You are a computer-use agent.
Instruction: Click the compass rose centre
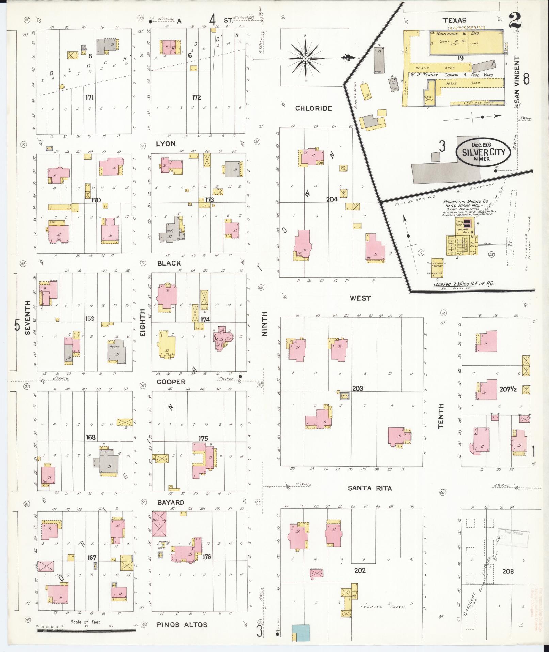pos(305,59)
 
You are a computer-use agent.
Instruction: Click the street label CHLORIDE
pos(313,108)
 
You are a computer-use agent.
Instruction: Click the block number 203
pos(358,388)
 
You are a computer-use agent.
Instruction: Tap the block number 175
pos(203,438)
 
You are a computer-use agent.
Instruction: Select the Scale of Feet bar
pos(86,631)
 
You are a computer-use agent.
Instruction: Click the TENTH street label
pos(441,416)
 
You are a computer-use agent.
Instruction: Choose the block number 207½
pos(508,389)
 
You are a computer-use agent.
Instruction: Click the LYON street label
pos(165,144)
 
